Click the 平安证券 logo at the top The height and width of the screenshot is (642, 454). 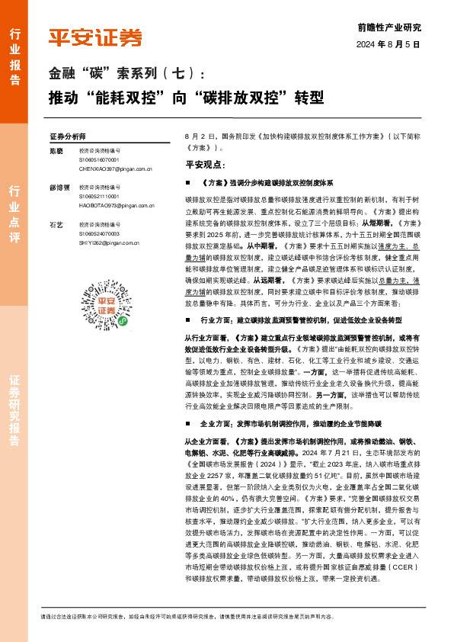(x=95, y=37)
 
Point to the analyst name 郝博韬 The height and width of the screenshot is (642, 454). (x=59, y=187)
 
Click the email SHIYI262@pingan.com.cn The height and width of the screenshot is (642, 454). (x=110, y=242)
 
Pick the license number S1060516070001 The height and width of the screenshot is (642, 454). (x=99, y=160)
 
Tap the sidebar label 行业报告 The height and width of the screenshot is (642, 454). (x=14, y=53)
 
